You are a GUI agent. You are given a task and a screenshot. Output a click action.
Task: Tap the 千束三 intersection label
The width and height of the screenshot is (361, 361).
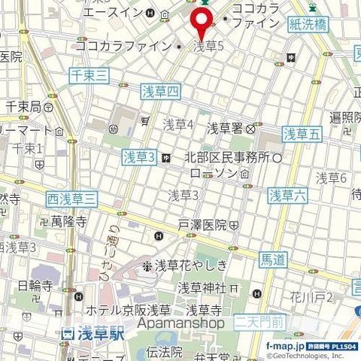(89, 74)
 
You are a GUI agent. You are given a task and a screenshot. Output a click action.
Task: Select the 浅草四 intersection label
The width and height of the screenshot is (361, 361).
(161, 92)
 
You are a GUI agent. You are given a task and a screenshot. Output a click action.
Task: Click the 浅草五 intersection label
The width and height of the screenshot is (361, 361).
(302, 134)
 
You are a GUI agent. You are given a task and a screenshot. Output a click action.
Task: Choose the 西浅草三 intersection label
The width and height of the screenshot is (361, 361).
(71, 199)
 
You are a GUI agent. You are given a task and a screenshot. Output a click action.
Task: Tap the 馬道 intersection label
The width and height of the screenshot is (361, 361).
(272, 260)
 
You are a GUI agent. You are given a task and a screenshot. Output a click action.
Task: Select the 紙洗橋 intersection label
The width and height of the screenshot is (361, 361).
(308, 24)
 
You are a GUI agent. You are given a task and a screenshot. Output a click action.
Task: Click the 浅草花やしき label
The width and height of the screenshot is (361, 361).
(190, 265)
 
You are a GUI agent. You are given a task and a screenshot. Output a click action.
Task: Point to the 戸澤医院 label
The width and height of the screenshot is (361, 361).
(202, 225)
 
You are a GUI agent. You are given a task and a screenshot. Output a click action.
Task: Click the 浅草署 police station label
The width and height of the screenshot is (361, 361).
(225, 127)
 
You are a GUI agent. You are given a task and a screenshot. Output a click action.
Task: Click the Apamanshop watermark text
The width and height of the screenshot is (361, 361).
(180, 323)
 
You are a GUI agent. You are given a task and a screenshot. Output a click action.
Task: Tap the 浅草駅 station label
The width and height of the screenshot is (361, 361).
(96, 332)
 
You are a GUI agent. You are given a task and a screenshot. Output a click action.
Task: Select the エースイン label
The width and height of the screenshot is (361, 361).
(122, 14)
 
